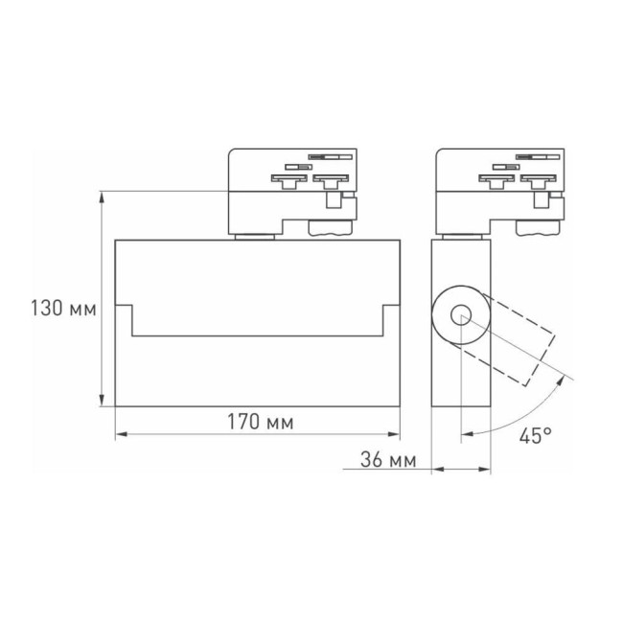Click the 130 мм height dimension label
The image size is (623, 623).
pos(63,310)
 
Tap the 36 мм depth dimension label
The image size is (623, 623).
pos(387,461)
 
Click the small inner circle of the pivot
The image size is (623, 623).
pos(461,314)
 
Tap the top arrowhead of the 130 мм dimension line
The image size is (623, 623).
pos(102,196)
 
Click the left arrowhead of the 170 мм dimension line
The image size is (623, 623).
pos(121,436)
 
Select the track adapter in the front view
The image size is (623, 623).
pos(291,190)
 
